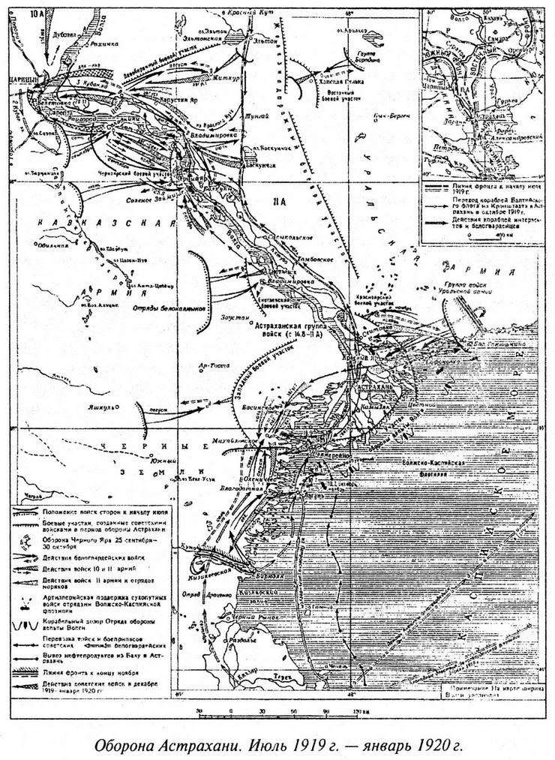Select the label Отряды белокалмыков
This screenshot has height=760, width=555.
[160, 307]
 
